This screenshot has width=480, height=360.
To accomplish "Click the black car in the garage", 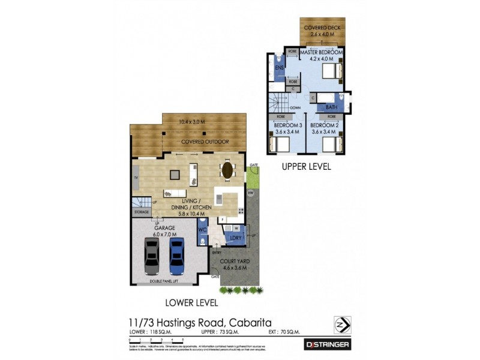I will [x=152, y=256].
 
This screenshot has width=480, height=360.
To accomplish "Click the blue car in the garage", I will [x=176, y=256].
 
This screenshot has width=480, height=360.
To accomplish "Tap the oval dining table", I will [x=229, y=170].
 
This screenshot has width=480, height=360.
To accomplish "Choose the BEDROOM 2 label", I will [x=325, y=126].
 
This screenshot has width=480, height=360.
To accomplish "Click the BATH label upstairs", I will [x=331, y=107].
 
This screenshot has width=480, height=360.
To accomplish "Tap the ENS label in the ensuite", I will [x=279, y=68].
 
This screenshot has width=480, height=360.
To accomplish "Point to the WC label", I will [x=202, y=229].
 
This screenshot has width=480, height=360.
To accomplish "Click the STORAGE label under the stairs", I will [x=142, y=212].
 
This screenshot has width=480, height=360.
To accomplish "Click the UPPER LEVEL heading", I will [x=306, y=167].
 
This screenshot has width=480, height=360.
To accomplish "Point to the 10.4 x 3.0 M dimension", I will [x=192, y=122].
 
